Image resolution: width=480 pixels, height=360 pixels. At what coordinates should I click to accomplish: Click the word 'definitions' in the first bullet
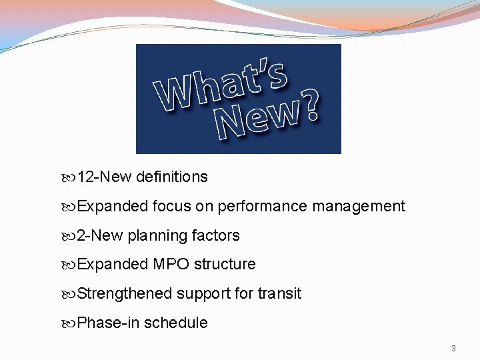pyautogui.click(x=171, y=177)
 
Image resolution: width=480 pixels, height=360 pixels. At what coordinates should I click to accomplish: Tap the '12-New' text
pyautogui.click(x=104, y=177)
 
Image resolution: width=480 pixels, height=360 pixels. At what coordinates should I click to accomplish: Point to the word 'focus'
pyautogui.click(x=171, y=207)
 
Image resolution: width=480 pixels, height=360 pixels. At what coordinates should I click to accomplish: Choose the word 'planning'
pyautogui.click(x=157, y=236)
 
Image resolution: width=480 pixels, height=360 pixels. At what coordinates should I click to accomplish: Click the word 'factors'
pyautogui.click(x=216, y=236)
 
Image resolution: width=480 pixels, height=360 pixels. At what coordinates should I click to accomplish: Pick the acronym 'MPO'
pyautogui.click(x=172, y=265)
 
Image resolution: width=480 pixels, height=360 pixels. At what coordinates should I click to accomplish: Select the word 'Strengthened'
pyautogui.click(x=124, y=294)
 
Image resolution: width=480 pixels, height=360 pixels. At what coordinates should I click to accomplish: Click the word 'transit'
pyautogui.click(x=279, y=294)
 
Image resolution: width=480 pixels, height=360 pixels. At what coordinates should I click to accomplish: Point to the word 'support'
pyautogui.click(x=203, y=294)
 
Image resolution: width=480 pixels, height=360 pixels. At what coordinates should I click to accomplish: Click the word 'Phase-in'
pyautogui.click(x=108, y=323)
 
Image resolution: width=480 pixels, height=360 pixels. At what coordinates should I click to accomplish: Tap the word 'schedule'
pyautogui.click(x=176, y=323)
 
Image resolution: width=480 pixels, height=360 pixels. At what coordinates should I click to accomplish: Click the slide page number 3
pyautogui.click(x=453, y=349)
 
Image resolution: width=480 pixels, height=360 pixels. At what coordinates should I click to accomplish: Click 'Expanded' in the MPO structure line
pyautogui.click(x=113, y=265)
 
